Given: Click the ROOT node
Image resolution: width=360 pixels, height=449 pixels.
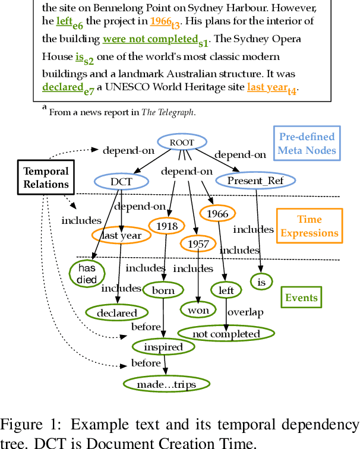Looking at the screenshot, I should point(182,143).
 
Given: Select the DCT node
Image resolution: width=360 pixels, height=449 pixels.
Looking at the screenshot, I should point(121,181).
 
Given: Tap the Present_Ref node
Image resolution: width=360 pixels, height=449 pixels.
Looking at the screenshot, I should point(256,180).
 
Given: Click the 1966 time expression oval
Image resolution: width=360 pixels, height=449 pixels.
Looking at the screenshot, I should point(217,213).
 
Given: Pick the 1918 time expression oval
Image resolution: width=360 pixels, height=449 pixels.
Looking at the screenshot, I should point(167,226).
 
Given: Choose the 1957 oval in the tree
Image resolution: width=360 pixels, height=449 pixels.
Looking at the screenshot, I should point(197,244).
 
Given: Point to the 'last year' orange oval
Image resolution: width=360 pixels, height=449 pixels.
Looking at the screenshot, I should point(121,235).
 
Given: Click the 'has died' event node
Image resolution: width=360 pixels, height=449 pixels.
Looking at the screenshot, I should point(87,274).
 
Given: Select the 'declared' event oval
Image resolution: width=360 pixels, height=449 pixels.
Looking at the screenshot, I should point(117,312).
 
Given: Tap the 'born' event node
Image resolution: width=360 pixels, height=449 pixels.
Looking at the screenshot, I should point(163,290).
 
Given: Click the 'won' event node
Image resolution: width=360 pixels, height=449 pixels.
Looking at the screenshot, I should point(198,309).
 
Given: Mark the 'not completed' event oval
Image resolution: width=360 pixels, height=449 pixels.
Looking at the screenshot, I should point(226,334).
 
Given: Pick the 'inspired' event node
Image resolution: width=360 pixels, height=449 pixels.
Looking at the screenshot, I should point(163,347).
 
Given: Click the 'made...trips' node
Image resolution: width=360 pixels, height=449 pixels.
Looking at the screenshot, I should point(166,384).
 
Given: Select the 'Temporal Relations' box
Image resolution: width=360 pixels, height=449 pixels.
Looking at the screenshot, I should point(46,178).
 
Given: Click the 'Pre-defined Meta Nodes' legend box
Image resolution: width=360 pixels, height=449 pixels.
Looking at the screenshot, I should point(307,144).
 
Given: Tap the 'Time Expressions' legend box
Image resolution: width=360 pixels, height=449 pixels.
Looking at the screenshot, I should point(310,226).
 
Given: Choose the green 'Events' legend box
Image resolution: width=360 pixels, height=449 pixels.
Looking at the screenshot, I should point(302,298).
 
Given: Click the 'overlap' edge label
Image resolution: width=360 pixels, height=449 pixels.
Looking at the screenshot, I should point(245,312).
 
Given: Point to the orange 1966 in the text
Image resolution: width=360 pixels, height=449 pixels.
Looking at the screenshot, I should point(160,21).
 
